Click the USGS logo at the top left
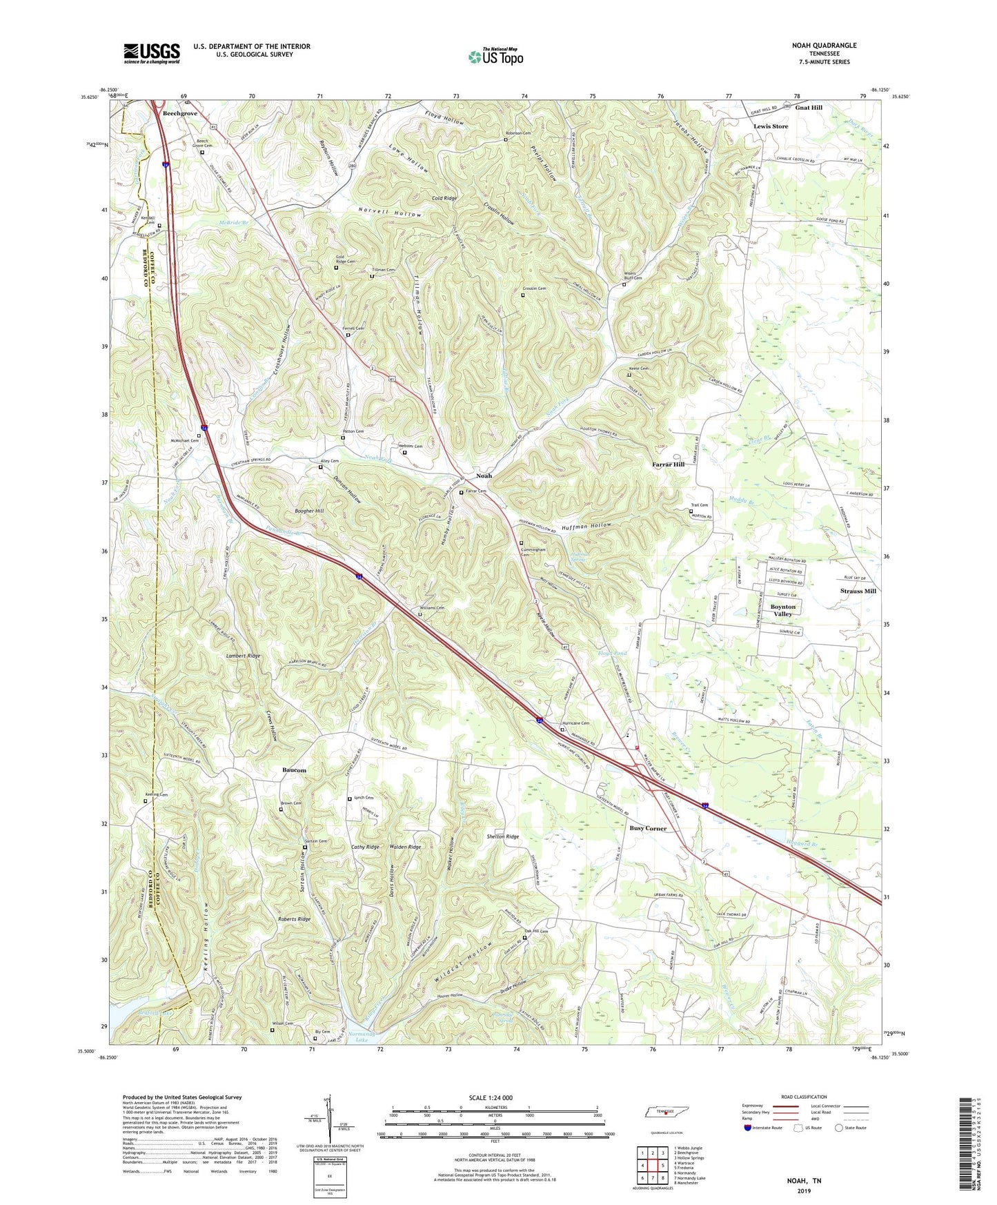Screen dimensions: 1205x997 152,53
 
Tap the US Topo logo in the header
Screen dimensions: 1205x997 495,57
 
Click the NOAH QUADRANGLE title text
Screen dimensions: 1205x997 824,46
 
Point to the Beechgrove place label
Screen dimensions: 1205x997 179,113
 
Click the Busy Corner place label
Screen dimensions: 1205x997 648,827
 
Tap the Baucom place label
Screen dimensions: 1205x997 294,770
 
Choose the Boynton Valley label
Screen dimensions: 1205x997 782,610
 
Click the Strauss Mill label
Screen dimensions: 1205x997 858,591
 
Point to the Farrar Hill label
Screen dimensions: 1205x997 668,465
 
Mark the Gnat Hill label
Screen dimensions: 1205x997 809,108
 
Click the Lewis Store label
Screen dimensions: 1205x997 771,126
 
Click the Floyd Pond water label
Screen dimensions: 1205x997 612,653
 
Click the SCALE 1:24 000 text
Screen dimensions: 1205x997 495,1098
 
